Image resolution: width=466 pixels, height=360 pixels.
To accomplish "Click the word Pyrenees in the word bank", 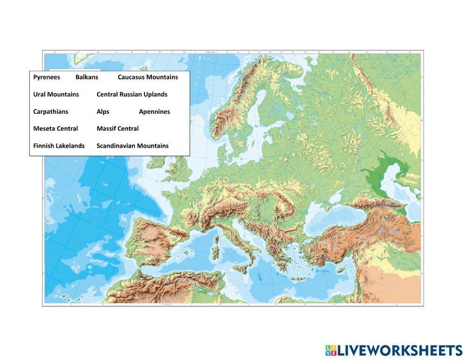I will click(47, 77).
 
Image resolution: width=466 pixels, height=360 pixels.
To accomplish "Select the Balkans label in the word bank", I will click(87, 77).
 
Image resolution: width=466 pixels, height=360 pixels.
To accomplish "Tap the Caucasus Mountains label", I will click(148, 77).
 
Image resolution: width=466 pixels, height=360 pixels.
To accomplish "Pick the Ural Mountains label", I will click(56, 94).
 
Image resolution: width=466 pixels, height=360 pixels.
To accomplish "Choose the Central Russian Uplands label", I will click(132, 94).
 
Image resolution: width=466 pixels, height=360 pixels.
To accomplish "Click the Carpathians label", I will click(50, 111).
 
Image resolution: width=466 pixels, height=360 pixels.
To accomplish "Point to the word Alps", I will click(103, 111).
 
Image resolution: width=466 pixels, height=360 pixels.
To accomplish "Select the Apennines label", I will click(154, 111).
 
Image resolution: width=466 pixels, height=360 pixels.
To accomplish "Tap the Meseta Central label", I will click(55, 128).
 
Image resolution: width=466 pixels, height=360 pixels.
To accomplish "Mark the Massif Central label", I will click(117, 128).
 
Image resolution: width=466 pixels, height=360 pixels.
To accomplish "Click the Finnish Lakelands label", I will click(59, 145).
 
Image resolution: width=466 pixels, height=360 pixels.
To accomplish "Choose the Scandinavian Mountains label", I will click(132, 145).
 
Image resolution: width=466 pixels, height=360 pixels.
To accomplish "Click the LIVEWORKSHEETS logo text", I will click(399, 351).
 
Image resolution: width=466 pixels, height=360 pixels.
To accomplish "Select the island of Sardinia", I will click(215, 253).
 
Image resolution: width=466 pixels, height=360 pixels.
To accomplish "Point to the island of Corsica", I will click(217, 240).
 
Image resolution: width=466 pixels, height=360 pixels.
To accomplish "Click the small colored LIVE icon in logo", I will click(330, 351).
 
